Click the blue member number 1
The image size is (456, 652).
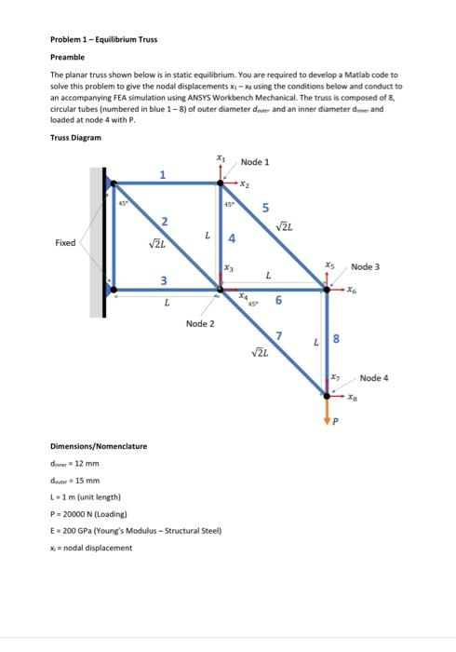pos(163,174)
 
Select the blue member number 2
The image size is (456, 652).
pos(164,221)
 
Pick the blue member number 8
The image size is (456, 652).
pos(337,341)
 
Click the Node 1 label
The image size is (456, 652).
pos(254,162)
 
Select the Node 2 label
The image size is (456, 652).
pos(199,323)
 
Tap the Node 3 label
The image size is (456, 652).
pos(366,267)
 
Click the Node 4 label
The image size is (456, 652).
pos(374,378)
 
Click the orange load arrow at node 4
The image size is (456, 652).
pos(327,407)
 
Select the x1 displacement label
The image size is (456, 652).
pos(221,158)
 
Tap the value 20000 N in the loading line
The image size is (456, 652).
pos(79,513)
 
